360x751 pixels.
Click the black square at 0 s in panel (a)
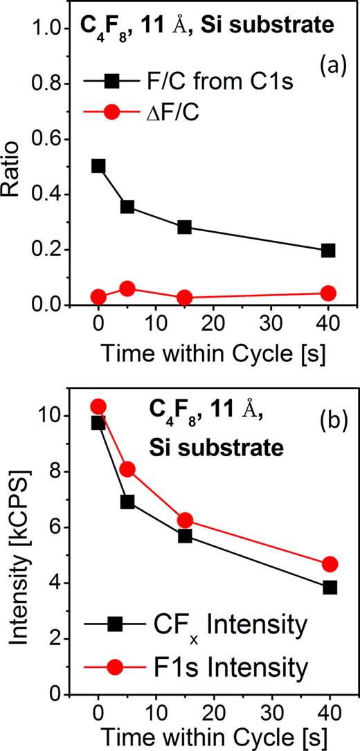98,166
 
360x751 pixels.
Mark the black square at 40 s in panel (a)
328,250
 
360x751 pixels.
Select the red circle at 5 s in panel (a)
127,289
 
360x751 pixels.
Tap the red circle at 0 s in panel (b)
98,406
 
